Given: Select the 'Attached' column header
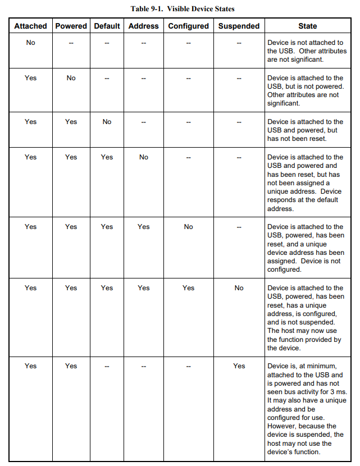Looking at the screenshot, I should point(30,26).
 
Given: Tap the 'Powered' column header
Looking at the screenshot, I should point(71,26).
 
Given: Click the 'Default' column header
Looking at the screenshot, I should point(107,26).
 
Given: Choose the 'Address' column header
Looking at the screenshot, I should point(143,26).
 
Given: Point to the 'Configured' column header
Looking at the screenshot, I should point(188,26).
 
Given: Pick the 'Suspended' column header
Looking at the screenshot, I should point(239,26).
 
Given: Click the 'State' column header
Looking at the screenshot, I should point(307,26).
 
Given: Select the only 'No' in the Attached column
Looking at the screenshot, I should point(30,43).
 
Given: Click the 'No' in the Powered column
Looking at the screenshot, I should point(71,78).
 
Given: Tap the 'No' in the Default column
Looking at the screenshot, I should point(107,122).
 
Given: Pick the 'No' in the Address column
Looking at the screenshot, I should point(143,157).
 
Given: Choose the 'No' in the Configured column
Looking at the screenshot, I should point(188,227).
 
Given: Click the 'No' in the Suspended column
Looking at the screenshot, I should point(239,288).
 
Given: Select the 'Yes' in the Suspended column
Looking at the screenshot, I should point(239,366).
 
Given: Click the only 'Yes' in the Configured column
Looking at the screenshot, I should point(188,288).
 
